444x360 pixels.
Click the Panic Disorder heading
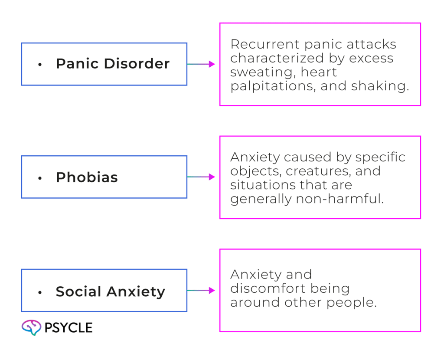[113, 64]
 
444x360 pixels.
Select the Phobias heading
[87, 177]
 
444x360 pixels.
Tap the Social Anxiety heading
[110, 291]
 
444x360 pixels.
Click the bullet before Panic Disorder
[40, 65]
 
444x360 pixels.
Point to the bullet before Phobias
[40, 178]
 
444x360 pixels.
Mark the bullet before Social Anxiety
[40, 292]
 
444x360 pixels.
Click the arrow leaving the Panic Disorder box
[202, 64]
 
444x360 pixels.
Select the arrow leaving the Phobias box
[202, 177]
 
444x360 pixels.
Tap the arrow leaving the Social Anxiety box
[202, 291]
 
